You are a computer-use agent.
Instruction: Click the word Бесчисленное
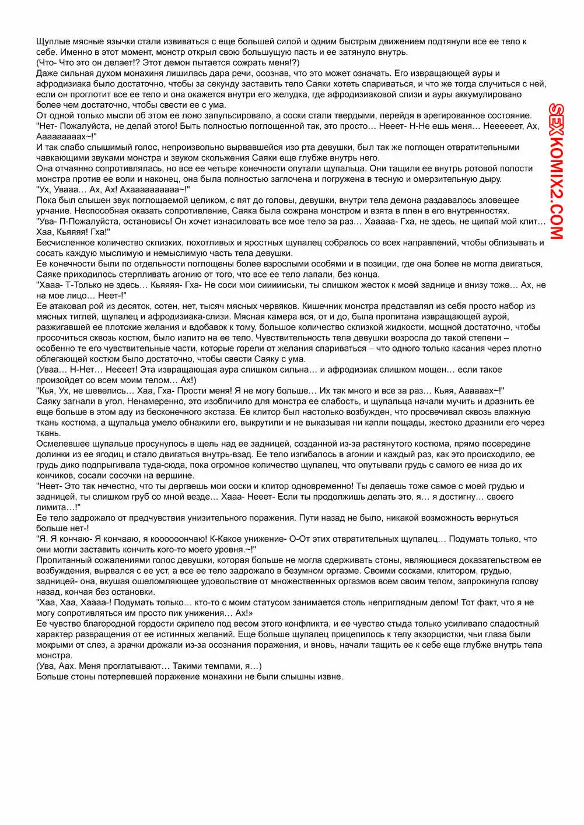64,243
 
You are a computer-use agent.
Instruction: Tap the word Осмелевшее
61,444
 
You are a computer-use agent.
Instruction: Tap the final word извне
330,676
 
